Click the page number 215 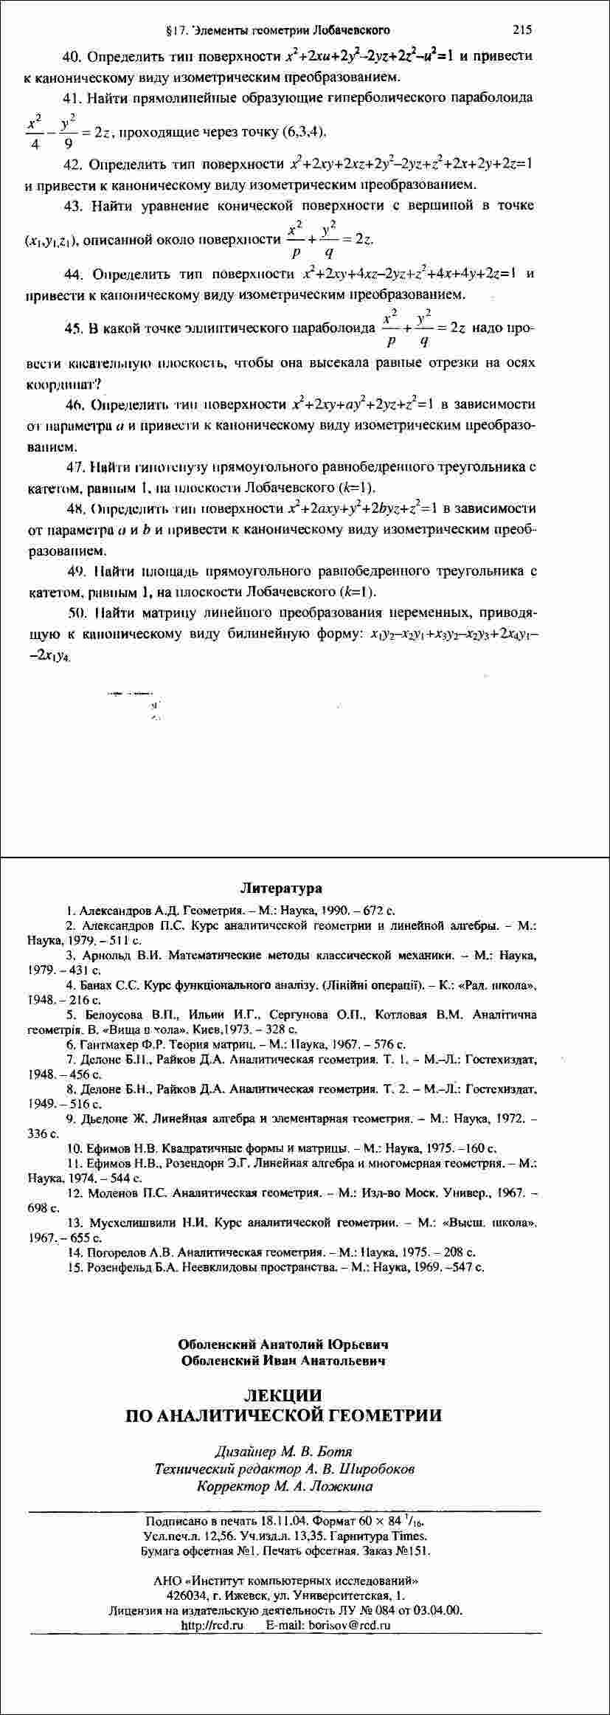(521, 30)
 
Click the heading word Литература (281, 888)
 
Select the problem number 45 (74, 328)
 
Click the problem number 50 (77, 612)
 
